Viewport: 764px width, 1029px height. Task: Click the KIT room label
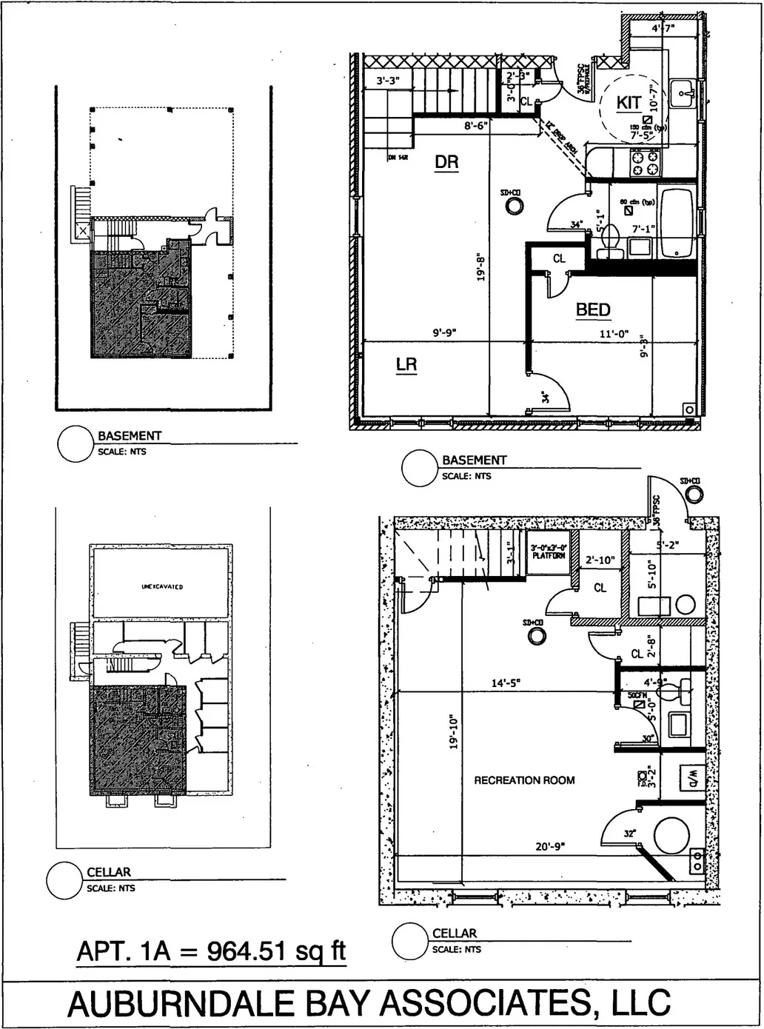[629, 102]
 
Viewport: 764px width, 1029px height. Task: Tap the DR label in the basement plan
[446, 161]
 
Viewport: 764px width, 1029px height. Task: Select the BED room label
[593, 309]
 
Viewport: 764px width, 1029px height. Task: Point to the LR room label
[406, 364]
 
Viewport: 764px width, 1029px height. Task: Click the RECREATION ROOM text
[524, 780]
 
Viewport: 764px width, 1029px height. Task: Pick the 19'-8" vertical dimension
[481, 264]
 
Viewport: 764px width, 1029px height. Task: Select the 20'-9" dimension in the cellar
[550, 846]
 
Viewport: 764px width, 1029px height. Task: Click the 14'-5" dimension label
[506, 683]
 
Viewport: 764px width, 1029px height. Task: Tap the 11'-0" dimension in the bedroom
[614, 334]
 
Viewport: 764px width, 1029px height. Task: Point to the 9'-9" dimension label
[444, 333]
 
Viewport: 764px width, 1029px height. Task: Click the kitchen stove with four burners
[644, 162]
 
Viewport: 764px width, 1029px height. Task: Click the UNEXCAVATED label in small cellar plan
[162, 587]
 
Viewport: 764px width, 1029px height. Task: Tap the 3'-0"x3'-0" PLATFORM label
[549, 552]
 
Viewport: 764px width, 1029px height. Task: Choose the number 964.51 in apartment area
[248, 951]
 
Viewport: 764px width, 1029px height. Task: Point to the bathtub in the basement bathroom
[676, 222]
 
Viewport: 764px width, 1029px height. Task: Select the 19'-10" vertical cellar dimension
[454, 732]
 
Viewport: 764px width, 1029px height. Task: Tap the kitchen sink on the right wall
[684, 93]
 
